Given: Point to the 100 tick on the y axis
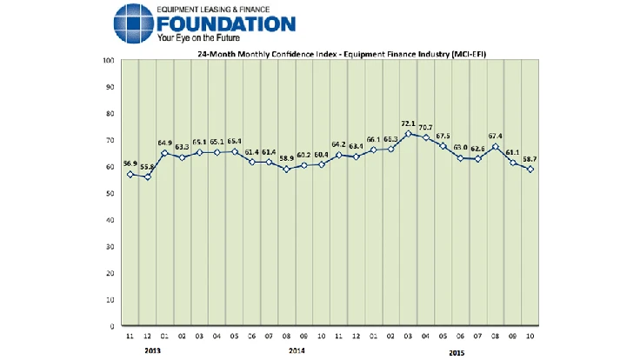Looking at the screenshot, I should tap(110, 60).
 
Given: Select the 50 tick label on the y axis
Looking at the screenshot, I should tap(110, 193).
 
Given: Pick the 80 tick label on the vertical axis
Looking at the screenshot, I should tap(110, 113).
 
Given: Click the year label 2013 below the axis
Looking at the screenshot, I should tap(153, 351).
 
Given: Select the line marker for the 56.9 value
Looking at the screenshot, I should tap(130, 175).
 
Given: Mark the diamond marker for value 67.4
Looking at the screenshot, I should tap(494, 147).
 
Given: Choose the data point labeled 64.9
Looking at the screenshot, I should tap(164, 153).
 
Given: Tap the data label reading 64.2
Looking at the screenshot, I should tap(339, 145).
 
